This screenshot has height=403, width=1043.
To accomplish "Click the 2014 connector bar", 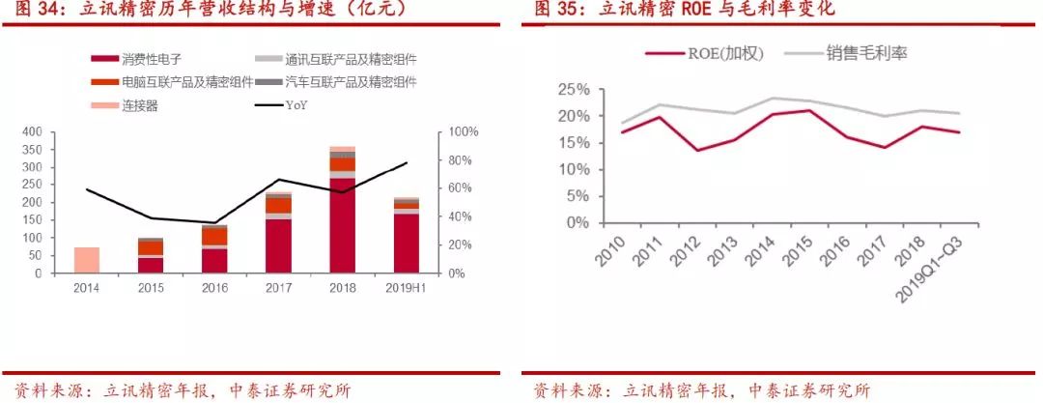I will [x=87, y=260].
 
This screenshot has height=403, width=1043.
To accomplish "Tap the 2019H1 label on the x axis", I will [x=406, y=288].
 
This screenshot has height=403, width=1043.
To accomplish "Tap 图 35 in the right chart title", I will [x=554, y=10].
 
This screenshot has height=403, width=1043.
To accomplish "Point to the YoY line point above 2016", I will [x=215, y=223].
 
